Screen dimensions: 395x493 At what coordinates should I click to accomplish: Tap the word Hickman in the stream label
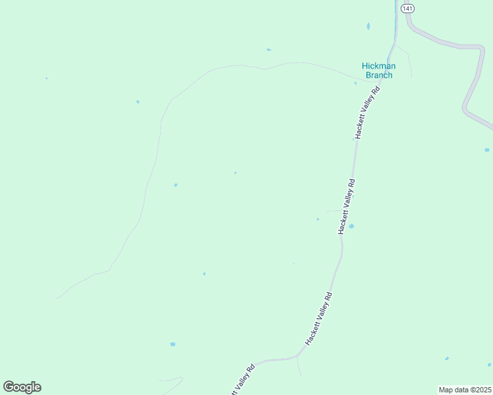click(x=378, y=66)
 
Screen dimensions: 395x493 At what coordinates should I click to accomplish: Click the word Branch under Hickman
click(x=378, y=75)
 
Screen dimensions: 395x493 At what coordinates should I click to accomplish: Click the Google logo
click(x=22, y=387)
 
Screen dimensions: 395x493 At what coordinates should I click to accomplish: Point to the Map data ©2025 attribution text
click(x=465, y=390)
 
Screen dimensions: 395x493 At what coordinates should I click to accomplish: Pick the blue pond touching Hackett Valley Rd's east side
click(x=351, y=226)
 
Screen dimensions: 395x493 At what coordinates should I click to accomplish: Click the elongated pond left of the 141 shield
click(x=368, y=26)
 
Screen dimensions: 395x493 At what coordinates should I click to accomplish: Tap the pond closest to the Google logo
click(x=173, y=344)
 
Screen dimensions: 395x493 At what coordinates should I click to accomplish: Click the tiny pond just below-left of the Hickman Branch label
click(x=355, y=83)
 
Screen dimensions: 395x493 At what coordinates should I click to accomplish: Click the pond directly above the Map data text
click(x=447, y=358)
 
